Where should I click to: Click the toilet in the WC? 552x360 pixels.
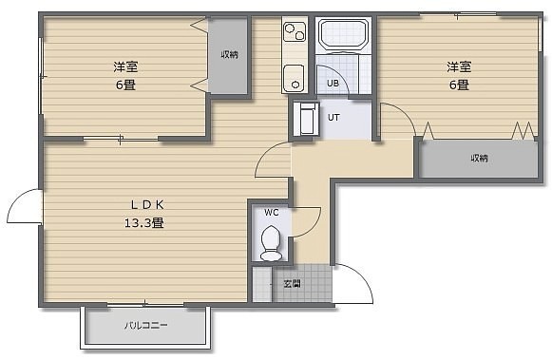click(271, 243)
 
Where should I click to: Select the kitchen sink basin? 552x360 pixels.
click(294, 78)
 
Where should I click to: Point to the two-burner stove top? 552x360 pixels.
click(295, 31)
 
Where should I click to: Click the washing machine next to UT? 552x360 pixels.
click(306, 119)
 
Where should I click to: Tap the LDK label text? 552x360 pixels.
click(147, 205)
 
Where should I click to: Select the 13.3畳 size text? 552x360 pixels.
click(144, 223)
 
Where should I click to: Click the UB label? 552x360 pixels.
click(333, 84)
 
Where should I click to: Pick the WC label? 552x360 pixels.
click(272, 213)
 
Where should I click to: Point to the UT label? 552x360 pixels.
click(333, 118)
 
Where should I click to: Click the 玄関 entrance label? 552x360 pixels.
click(293, 284)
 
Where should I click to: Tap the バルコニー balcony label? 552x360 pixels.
click(145, 325)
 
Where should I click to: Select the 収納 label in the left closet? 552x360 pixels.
click(229, 54)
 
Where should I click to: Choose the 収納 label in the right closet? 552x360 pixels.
click(480, 158)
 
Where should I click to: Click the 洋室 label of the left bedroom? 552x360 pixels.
click(125, 66)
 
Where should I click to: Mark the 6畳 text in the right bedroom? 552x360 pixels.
click(459, 85)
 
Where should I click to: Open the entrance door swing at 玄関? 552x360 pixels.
click(363, 277)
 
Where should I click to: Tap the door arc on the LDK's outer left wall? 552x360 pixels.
click(17, 199)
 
